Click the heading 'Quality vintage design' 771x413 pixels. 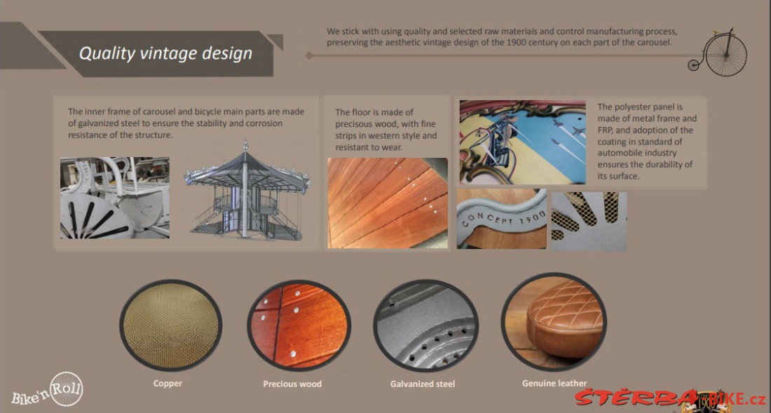tap(165, 53)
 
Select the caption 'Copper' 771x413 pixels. tap(168, 383)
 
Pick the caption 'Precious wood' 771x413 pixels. tap(292, 384)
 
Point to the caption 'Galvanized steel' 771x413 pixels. tap(423, 384)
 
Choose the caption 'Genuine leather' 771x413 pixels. tap(554, 383)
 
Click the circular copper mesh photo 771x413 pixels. tap(170, 325)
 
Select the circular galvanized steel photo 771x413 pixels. tap(425, 325)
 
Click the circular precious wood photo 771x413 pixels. tap(299, 325)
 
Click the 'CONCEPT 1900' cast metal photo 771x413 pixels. tap(502, 218)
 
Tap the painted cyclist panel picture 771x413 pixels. tap(523, 142)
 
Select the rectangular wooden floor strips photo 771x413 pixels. tap(388, 203)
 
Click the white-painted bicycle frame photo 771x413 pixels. tap(114, 198)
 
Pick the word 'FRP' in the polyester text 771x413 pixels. tap(606, 130)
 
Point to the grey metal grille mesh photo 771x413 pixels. tap(589, 222)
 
